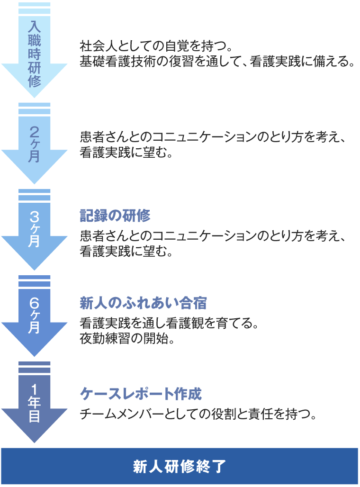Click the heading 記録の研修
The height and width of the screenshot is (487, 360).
point(115,216)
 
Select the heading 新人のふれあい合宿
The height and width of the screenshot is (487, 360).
point(143,303)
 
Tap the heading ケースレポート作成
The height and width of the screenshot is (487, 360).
point(141,394)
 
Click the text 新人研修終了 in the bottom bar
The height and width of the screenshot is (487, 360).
point(180,466)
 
